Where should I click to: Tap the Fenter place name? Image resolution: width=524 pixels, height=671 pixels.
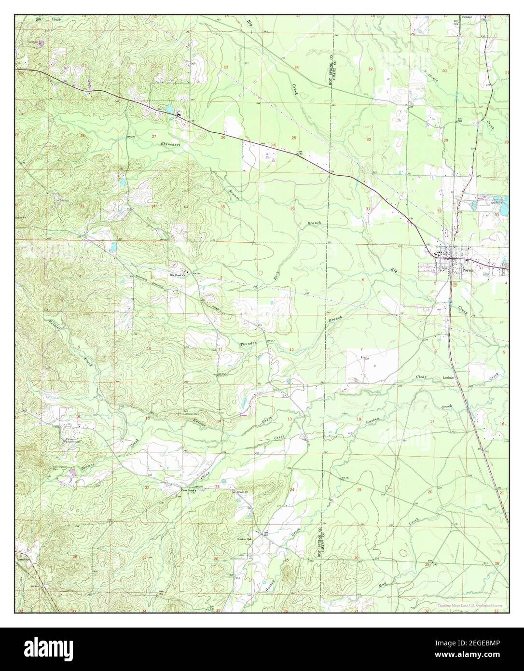[x=466, y=17]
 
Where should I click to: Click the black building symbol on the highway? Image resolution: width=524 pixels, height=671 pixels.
[x=179, y=114]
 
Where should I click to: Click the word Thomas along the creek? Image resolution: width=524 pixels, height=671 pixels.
[x=88, y=465]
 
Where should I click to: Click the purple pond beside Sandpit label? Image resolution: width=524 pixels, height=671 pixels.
[x=41, y=43]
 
